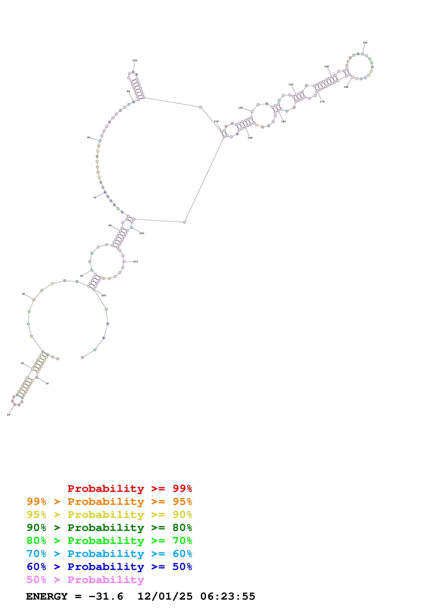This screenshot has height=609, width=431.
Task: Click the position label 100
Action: coord(135,60)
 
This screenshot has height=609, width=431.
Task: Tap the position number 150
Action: coord(365,43)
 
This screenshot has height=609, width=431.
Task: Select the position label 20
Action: coord(9,415)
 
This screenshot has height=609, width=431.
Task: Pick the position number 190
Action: coord(250,138)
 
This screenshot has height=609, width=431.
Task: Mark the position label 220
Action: coord(104,295)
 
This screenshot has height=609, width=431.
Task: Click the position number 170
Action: coord(322,102)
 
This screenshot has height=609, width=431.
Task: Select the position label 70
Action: coord(95,198)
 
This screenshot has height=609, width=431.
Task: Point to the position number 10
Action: coord(47,383)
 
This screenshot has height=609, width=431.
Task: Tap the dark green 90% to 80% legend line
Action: coord(109,528)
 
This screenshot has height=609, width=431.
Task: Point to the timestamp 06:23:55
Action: coord(228,597)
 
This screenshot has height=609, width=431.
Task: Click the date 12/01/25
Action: coord(165,597)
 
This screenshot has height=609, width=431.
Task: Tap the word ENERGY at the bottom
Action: coord(47,597)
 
